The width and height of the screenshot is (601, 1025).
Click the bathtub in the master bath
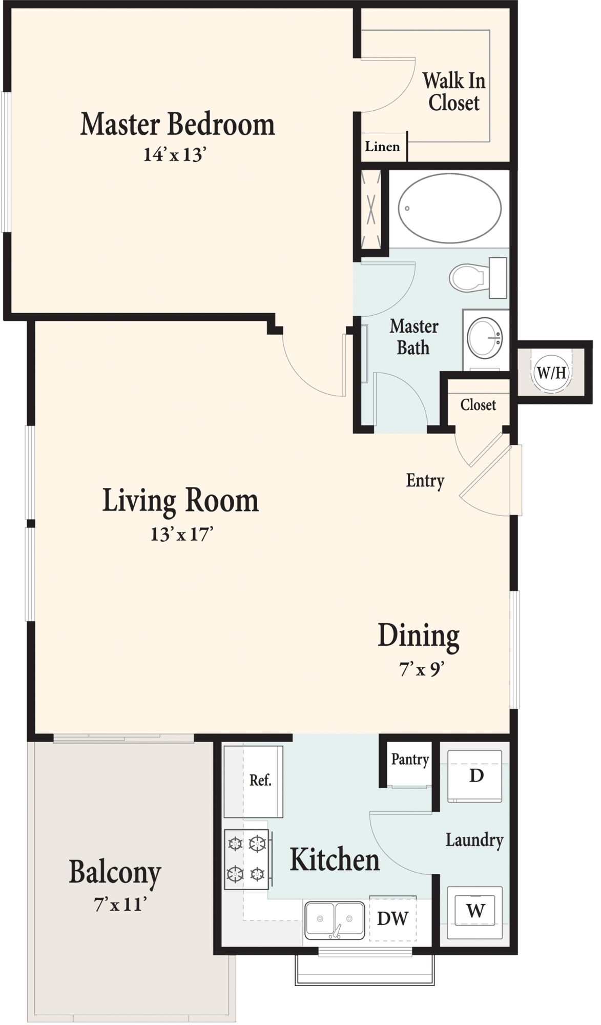pos(449,208)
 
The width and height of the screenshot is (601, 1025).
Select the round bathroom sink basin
pos(485,338)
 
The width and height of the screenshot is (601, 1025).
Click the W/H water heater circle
pos(551,372)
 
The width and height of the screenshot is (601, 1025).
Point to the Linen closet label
pos(382,147)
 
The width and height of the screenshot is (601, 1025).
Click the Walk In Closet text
pos(454,92)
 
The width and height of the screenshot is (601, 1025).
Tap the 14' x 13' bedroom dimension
pos(175,154)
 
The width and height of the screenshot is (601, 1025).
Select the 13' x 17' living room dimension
pos(181,535)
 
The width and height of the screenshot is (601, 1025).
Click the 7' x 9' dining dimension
pos(421,669)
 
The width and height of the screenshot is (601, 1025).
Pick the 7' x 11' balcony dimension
pos(120,904)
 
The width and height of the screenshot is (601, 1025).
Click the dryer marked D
pos(475,776)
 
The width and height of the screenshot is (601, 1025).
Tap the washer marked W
pos(475,912)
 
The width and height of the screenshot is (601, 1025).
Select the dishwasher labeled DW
pos(393,918)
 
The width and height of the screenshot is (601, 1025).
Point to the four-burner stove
pos(246,859)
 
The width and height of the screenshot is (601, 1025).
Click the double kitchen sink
pos(335,920)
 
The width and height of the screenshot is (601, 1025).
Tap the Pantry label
pos(410,760)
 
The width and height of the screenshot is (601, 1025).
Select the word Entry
pos(425,481)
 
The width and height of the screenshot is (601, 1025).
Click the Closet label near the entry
pos(478,405)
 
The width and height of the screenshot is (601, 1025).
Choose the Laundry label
pos(474,840)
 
